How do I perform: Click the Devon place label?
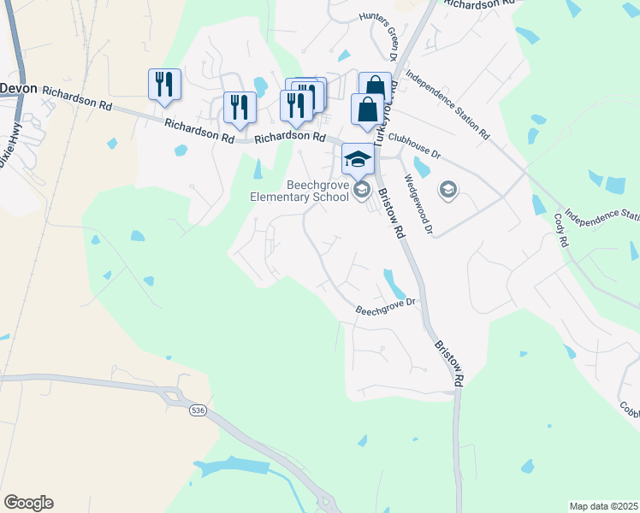point(20,88)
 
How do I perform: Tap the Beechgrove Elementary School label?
point(299,190)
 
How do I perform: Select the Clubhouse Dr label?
point(413,146)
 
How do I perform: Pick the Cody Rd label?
point(562,229)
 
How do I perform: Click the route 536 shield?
point(199,411)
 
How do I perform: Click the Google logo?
point(28,503)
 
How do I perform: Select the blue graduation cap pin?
point(358,159)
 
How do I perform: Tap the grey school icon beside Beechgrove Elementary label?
point(361,189)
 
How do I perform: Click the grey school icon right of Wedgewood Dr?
point(447,189)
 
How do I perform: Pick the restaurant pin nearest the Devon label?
point(164,85)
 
